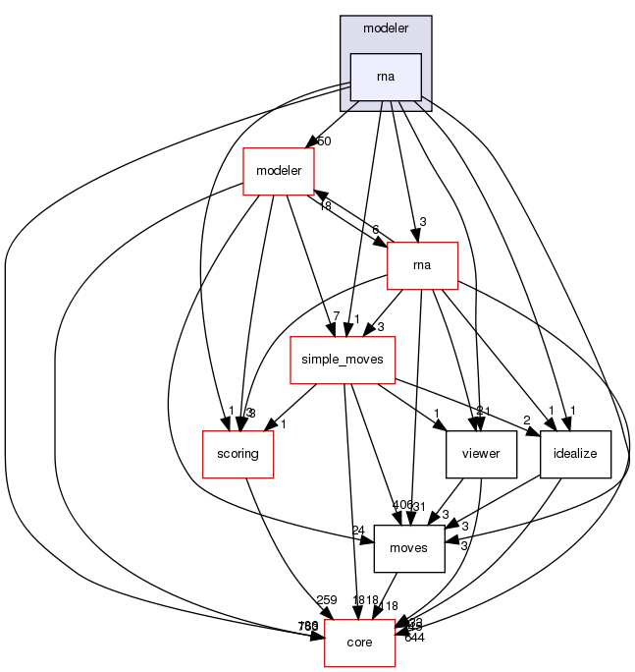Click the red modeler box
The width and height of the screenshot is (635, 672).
click(279, 171)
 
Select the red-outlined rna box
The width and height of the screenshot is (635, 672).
click(423, 264)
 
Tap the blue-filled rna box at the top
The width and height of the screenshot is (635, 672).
click(386, 77)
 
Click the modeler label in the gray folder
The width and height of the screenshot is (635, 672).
click(386, 28)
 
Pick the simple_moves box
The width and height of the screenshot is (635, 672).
click(343, 361)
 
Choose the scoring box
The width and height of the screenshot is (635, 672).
click(238, 454)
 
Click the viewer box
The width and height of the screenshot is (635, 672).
click(481, 454)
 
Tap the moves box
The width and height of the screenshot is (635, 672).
click(409, 547)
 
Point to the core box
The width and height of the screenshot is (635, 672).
click(359, 642)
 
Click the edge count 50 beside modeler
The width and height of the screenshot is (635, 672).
click(323, 141)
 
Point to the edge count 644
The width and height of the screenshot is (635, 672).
click(414, 639)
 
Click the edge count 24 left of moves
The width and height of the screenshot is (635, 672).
click(359, 530)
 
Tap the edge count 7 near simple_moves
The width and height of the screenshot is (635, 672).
click(336, 316)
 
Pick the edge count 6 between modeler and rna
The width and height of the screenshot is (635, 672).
click(376, 229)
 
